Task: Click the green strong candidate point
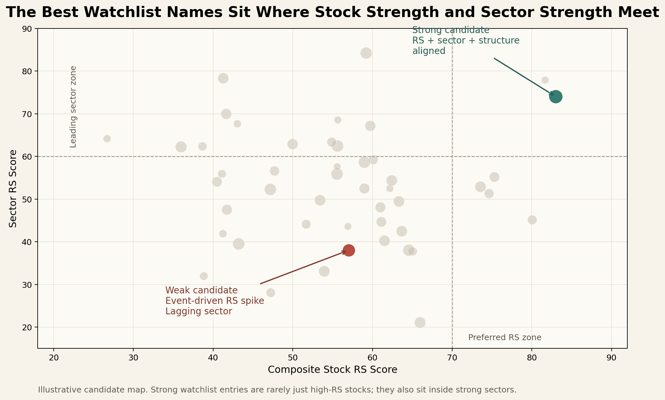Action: click(x=556, y=97)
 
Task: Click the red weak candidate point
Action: click(x=349, y=251)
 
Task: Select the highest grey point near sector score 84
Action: click(x=366, y=53)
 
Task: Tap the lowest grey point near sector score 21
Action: click(x=420, y=322)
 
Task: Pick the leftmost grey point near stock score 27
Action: click(x=107, y=139)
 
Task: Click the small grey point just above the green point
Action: click(x=545, y=80)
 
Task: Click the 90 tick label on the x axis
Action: click(x=611, y=358)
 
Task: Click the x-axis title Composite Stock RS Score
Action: click(x=332, y=370)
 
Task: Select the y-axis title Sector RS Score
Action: click(x=13, y=188)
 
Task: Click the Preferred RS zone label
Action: click(x=505, y=338)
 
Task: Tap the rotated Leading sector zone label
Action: click(x=73, y=107)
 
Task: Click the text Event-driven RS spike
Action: click(x=214, y=301)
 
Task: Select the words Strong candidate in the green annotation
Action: click(x=451, y=30)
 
